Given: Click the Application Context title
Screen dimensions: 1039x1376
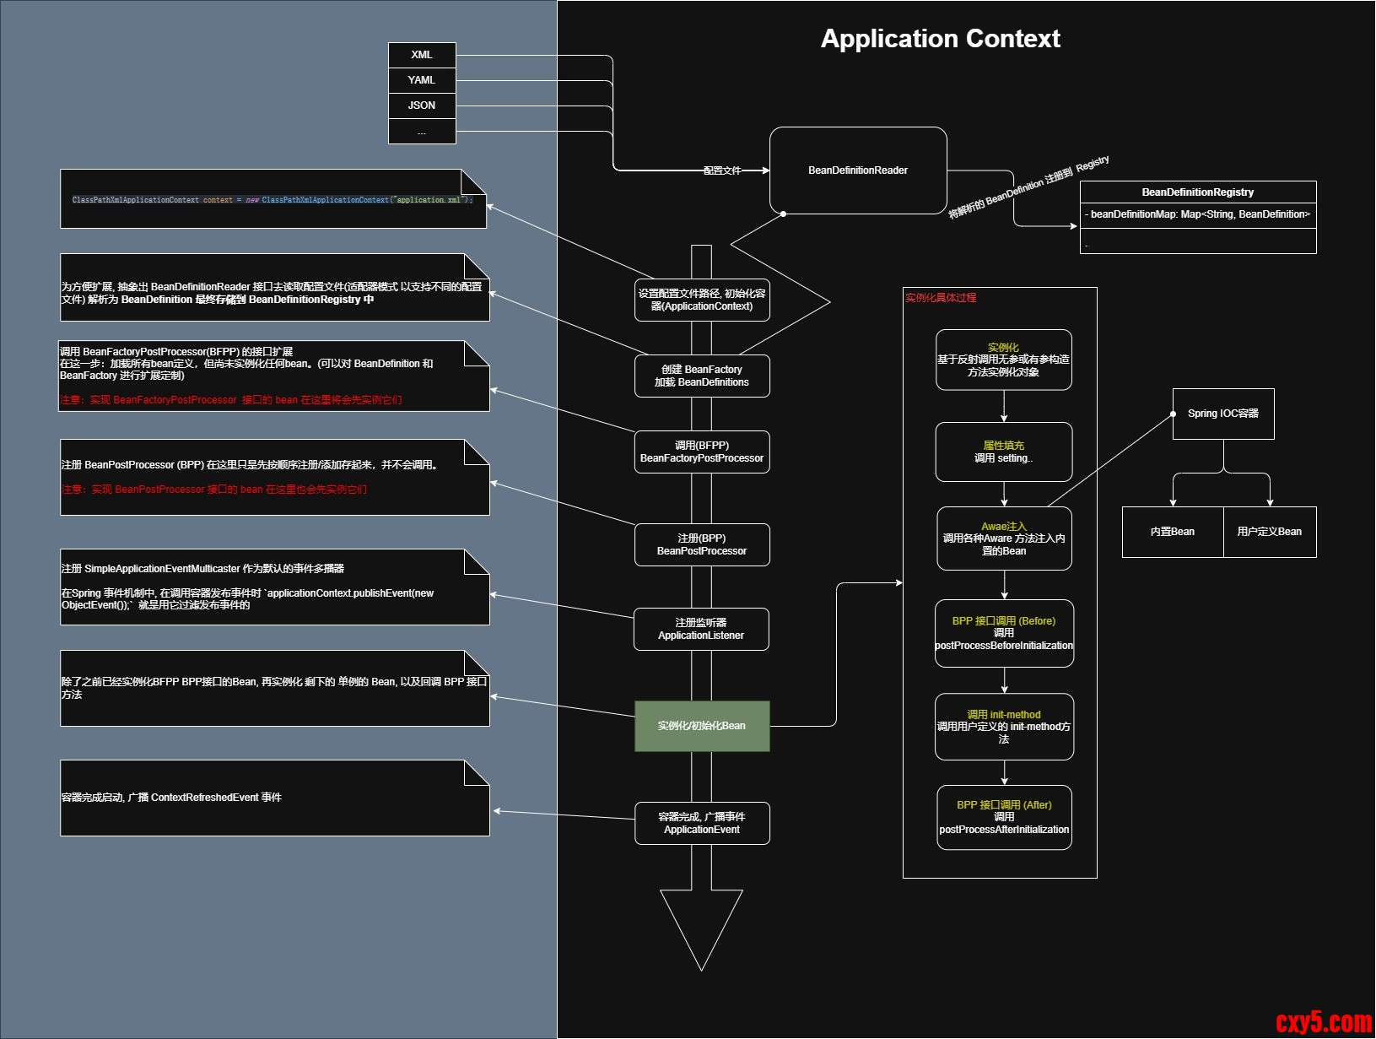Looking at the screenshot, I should pyautogui.click(x=940, y=39).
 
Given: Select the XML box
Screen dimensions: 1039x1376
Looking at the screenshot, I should pyautogui.click(x=422, y=55).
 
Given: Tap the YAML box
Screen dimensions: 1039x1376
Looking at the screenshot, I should pyautogui.click(x=422, y=80).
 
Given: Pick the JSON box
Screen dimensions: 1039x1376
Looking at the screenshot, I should pyautogui.click(x=422, y=106).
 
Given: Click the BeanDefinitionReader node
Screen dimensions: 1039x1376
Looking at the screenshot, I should pyautogui.click(x=858, y=170).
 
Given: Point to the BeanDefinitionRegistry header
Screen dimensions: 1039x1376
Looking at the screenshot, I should pyautogui.click(x=1197, y=192).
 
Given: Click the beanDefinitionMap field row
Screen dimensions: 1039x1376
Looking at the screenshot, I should pyautogui.click(x=1197, y=214).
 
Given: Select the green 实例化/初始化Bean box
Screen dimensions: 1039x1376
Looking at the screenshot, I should pyautogui.click(x=702, y=726).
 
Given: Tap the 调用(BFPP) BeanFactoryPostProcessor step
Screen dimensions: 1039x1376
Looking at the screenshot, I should pyautogui.click(x=702, y=452).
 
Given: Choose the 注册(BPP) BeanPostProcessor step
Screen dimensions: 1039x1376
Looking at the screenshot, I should pyautogui.click(x=702, y=544).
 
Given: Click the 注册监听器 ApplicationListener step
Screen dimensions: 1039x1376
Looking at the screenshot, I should pyautogui.click(x=701, y=629).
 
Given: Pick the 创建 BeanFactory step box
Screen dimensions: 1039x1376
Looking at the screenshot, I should pyautogui.click(x=702, y=376).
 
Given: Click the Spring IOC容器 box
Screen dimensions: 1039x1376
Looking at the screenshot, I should pyautogui.click(x=1223, y=414).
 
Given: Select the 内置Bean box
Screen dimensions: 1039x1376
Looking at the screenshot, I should pyautogui.click(x=1173, y=532).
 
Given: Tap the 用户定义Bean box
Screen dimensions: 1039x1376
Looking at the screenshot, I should pyautogui.click(x=1270, y=532).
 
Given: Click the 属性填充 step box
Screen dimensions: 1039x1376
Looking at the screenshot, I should pyautogui.click(x=1004, y=452).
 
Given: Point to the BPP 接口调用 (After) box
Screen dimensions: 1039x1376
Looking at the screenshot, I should pyautogui.click(x=1004, y=817).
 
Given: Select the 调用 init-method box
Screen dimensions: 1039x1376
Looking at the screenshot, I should pyautogui.click(x=1004, y=727).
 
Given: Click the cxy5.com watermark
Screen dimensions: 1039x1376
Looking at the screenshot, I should pyautogui.click(x=1324, y=1022).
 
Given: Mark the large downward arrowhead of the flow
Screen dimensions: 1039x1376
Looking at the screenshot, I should pyautogui.click(x=701, y=928).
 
